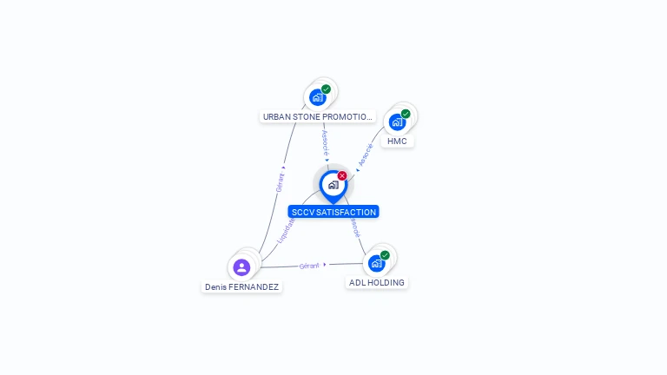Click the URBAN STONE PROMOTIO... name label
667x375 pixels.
coord(317,116)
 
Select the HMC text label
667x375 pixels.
coord(397,141)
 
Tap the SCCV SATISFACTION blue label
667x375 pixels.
coord(333,212)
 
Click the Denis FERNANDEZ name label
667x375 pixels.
coord(241,286)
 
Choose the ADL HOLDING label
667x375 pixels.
coord(376,282)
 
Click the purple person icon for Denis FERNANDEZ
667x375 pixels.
coord(241,266)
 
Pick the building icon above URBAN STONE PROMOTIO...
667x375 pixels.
coord(317,97)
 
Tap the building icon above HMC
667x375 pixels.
coord(397,122)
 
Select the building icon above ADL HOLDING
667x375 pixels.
coord(376,263)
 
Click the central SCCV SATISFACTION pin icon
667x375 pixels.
coord(333,185)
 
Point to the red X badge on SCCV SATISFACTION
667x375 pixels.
coord(342,176)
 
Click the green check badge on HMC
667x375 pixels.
coord(406,114)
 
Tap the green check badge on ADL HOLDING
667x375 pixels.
coord(385,255)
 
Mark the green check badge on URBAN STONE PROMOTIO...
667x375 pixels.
coord(326,89)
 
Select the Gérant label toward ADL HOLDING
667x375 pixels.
coord(309,266)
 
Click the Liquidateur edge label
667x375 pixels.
coord(287,229)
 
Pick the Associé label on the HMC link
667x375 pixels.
coord(366,154)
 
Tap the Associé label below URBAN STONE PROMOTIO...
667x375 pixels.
coord(325,142)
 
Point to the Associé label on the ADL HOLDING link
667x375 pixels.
coord(354,227)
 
